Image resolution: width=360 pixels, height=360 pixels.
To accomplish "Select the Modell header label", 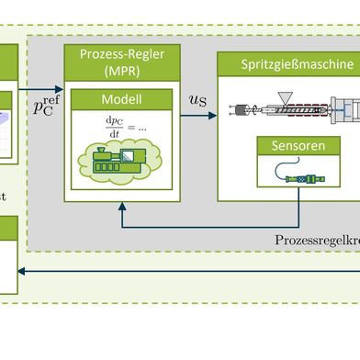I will tap(121, 99).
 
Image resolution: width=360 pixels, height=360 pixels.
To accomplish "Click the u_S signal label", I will tap(197, 98).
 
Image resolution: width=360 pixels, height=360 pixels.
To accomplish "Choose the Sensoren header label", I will tap(298, 146).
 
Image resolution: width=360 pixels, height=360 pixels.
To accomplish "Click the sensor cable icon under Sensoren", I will tap(298, 176).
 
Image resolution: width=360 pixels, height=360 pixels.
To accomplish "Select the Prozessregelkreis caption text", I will tap(317, 239).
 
